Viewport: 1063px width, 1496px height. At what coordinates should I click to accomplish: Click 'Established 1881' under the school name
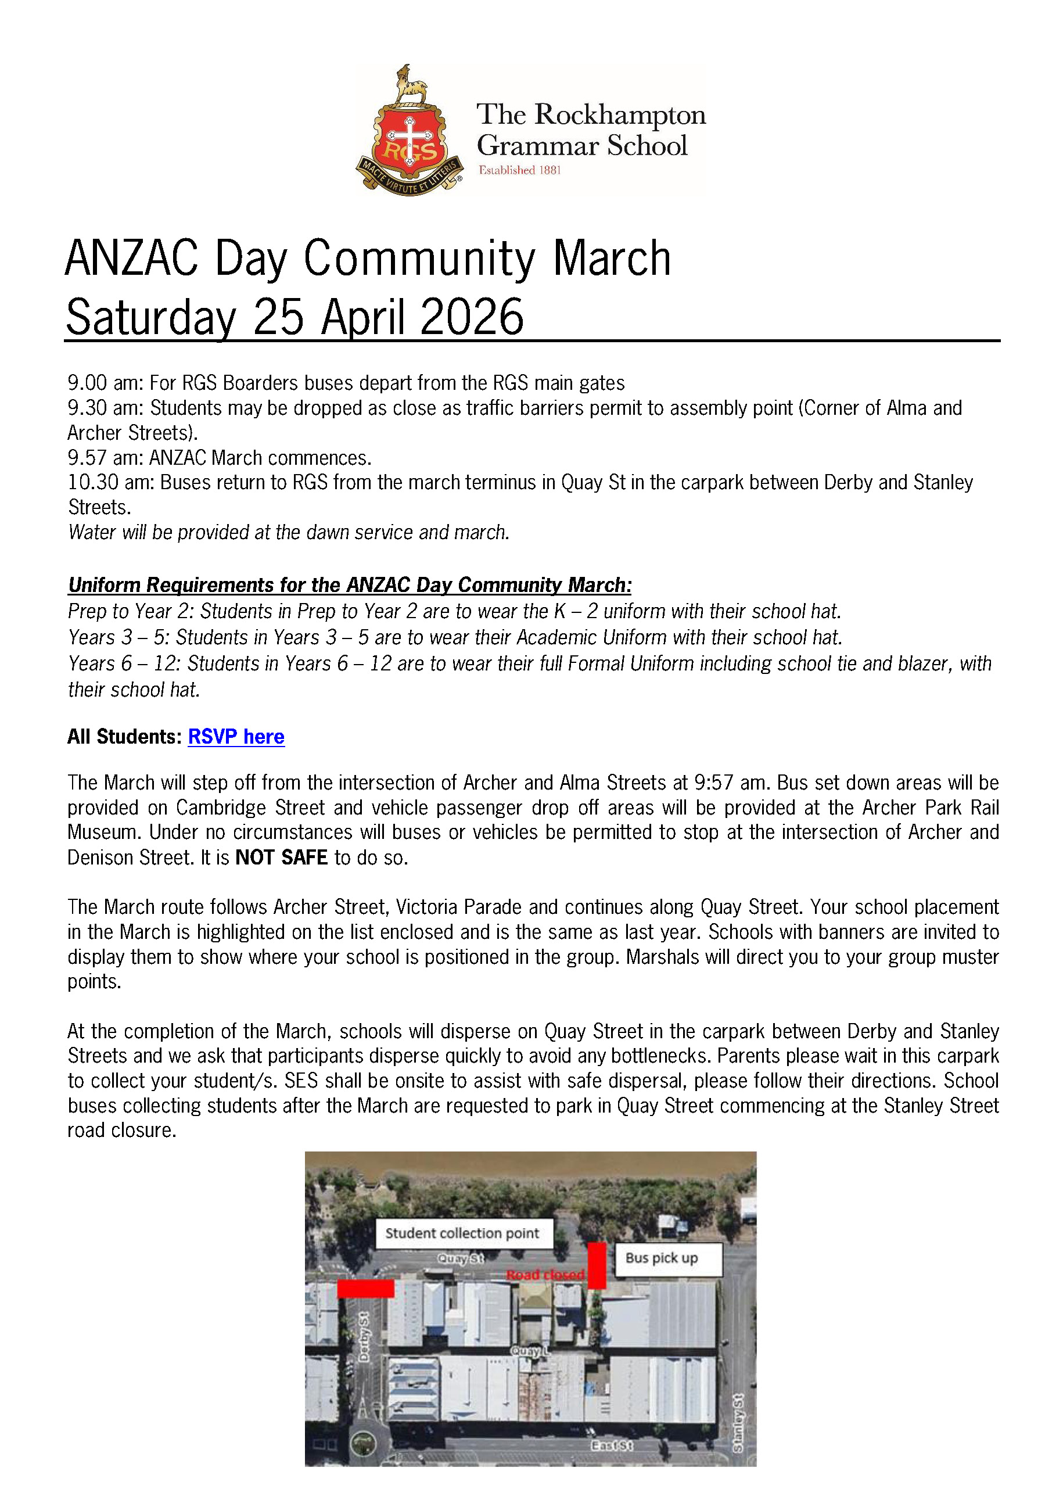519,170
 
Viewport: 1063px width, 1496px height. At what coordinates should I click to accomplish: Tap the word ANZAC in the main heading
131,259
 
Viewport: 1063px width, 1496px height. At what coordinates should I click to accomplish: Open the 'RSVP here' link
236,737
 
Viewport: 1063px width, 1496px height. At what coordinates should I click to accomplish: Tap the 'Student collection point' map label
462,1233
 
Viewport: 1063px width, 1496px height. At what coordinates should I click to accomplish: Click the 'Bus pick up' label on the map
662,1258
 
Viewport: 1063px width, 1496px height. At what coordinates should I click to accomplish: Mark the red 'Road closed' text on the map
545,1274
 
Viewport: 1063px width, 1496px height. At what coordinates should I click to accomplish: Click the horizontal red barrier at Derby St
365,1289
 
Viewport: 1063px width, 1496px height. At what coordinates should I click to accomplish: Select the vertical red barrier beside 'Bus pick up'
597,1265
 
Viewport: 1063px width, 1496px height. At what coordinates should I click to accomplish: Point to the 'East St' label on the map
611,1445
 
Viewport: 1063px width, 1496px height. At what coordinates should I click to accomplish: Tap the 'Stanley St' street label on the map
738,1422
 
